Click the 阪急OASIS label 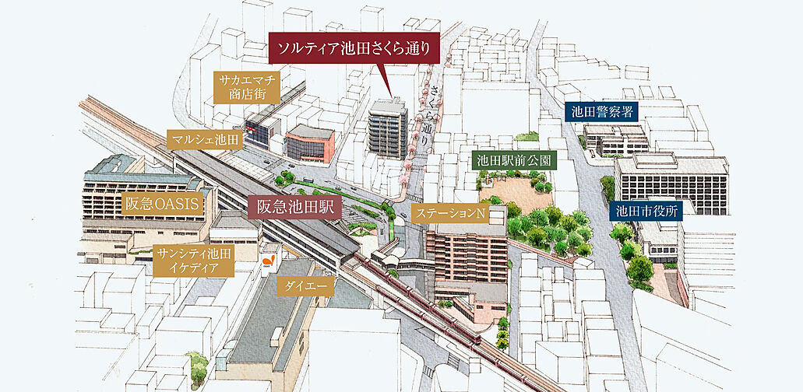point(164,205)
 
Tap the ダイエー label point(305,287)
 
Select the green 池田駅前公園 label point(514,161)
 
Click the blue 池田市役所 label point(646,209)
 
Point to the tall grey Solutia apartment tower point(387,130)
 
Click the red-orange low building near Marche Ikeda point(309,144)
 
